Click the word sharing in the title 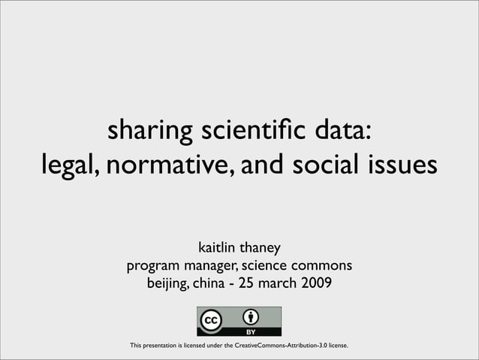[x=149, y=132]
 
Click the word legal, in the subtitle [x=69, y=163]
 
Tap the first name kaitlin [x=217, y=247]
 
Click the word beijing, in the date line [x=167, y=285]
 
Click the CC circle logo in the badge [x=211, y=320]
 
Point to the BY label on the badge [x=252, y=331]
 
